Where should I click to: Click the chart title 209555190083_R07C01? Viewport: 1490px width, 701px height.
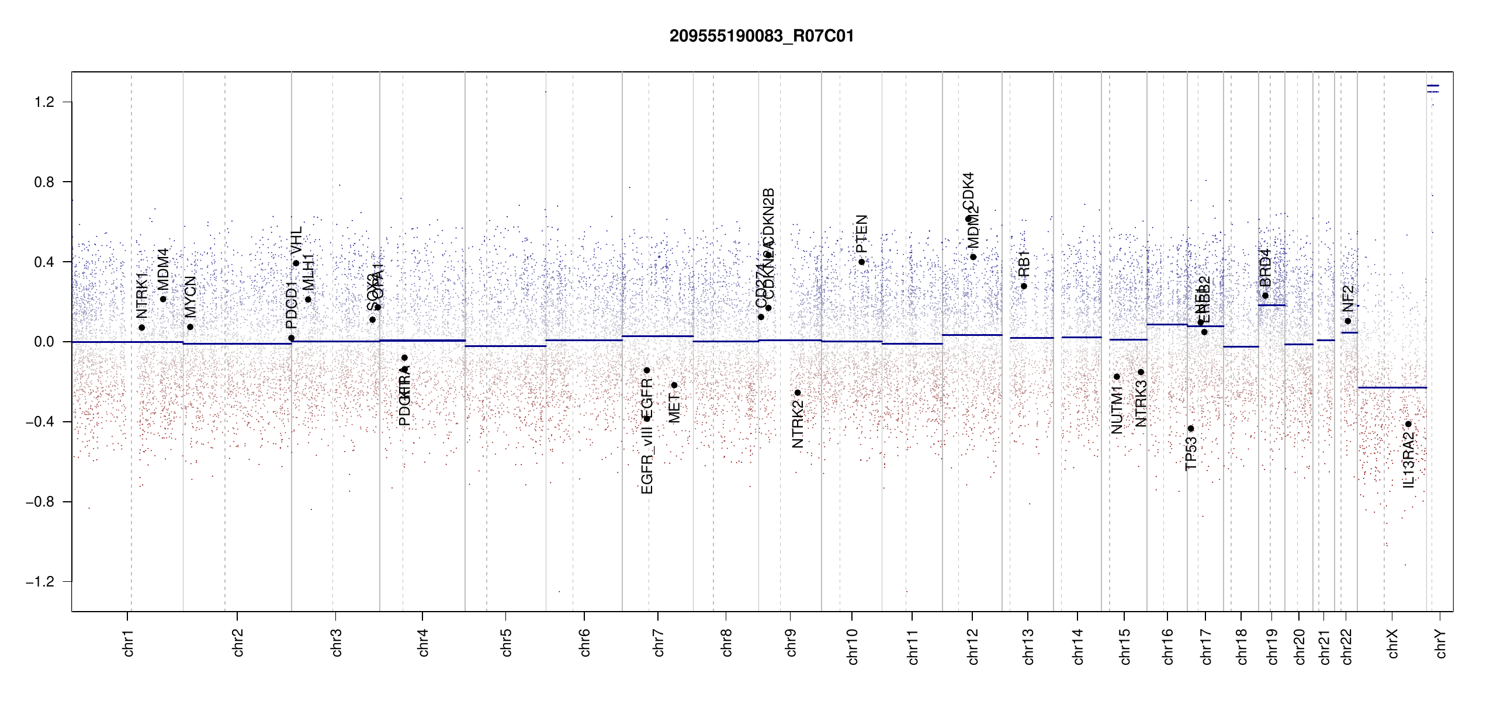pyautogui.click(x=761, y=36)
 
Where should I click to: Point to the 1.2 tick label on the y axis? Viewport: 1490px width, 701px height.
pyautogui.click(x=44, y=102)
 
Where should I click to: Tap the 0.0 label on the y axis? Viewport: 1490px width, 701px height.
pyautogui.click(x=44, y=342)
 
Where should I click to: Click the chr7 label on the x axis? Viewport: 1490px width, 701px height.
pyautogui.click(x=659, y=643)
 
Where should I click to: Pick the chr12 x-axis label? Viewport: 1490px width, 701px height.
pyautogui.click(x=973, y=646)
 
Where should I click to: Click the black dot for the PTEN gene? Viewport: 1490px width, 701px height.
pyautogui.click(x=861, y=262)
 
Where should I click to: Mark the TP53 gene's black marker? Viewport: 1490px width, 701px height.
pyautogui.click(x=1191, y=429)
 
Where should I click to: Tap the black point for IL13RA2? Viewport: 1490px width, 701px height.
pyautogui.click(x=1408, y=424)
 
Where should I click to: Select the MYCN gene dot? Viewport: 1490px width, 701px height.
pyautogui.click(x=190, y=327)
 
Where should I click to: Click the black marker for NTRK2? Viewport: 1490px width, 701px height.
pyautogui.click(x=798, y=393)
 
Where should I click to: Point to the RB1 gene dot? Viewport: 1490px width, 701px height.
pyautogui.click(x=1024, y=286)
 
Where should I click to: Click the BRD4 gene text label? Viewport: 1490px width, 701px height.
pyautogui.click(x=1265, y=268)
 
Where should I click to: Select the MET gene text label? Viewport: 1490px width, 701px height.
pyautogui.click(x=674, y=408)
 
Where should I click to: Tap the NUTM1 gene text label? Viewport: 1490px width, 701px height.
pyautogui.click(x=1117, y=410)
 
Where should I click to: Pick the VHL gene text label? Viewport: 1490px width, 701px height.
pyautogui.click(x=296, y=241)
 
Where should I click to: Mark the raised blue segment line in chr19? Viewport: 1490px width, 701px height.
pyautogui.click(x=1271, y=305)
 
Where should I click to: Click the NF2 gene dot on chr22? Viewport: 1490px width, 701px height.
pyautogui.click(x=1347, y=321)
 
